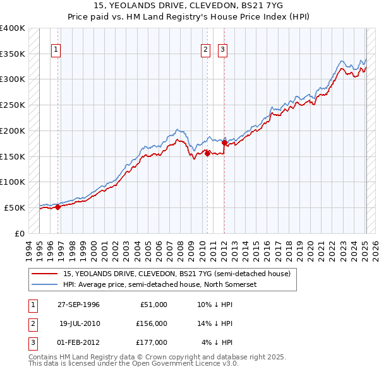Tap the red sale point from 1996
[57, 207]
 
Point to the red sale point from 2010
[207, 153]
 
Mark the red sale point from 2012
[224, 142]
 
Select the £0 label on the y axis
[19, 233]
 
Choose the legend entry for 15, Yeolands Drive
[176, 274]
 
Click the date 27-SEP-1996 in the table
[79, 305]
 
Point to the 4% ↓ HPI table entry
[217, 342]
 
